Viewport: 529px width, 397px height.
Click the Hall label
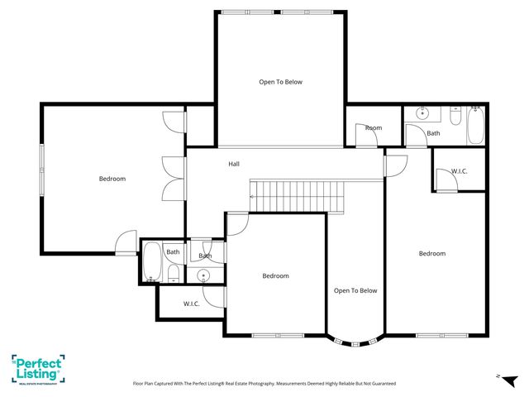click(x=234, y=164)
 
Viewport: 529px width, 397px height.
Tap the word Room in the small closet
click(x=374, y=127)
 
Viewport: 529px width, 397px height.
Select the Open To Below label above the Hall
click(x=280, y=82)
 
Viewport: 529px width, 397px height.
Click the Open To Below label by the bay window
click(x=355, y=290)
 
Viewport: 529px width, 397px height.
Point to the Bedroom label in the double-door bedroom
click(x=112, y=179)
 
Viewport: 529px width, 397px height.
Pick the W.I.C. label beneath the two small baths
click(x=191, y=304)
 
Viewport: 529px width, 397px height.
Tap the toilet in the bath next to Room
click(x=476, y=109)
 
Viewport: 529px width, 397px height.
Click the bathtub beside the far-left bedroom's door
click(x=152, y=262)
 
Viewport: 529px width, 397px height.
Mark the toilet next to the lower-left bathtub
click(x=174, y=274)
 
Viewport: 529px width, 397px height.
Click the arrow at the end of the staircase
click(x=252, y=197)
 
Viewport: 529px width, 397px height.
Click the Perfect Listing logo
click(x=38, y=368)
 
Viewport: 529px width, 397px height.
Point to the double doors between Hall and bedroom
click(x=170, y=177)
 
